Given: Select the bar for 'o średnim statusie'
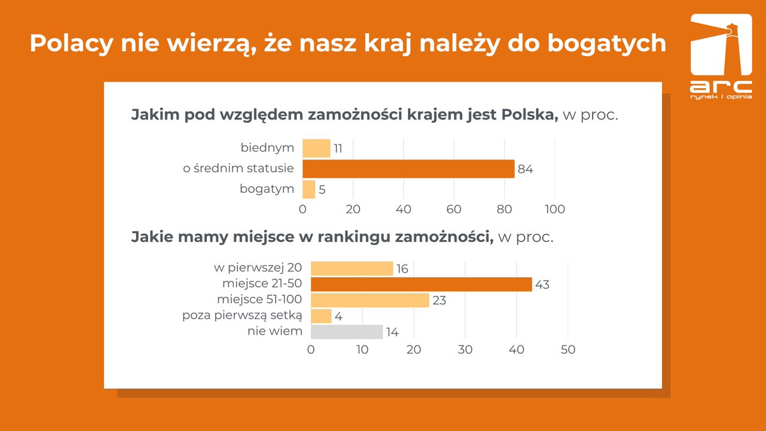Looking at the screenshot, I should coord(408,169).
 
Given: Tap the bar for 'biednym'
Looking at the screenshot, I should coord(316,149).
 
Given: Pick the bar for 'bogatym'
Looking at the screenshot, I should coord(308,190).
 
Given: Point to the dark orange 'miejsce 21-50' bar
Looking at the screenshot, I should coord(421,284).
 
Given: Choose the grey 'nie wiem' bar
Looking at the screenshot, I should coord(347,332).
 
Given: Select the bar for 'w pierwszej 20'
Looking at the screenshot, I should coord(352,268).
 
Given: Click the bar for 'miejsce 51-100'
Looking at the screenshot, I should coord(370,300).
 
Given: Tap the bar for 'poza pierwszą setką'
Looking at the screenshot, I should coord(321,316).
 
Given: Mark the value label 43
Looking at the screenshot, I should coord(542,285).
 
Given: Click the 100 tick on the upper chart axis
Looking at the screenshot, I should coord(555,209).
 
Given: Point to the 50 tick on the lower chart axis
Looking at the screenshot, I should coord(567,350).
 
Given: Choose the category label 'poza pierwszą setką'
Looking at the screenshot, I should coord(242,315).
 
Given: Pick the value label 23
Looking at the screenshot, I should coord(439,300).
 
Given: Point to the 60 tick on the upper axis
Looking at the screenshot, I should coord(454,209).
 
